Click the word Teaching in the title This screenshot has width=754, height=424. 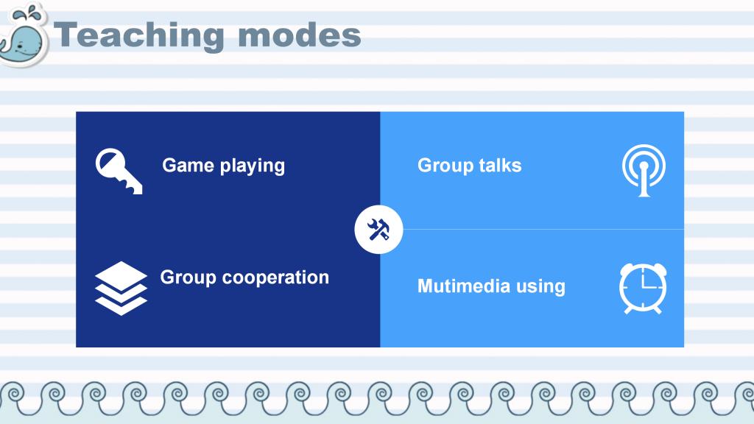(x=139, y=35)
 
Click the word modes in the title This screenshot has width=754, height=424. (x=299, y=36)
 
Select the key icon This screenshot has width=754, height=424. (x=119, y=171)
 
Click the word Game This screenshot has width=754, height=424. (x=188, y=166)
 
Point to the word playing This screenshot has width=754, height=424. (x=253, y=167)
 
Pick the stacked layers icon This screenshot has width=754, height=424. (x=121, y=288)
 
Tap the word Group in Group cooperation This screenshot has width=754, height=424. (x=188, y=278)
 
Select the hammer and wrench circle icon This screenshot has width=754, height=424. (x=378, y=230)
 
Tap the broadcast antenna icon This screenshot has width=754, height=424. (x=644, y=171)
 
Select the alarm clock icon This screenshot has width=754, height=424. (x=643, y=288)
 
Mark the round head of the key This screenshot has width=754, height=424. (x=110, y=163)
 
